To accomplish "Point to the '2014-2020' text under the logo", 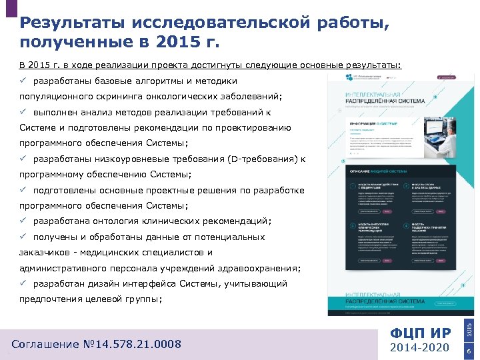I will pyautogui.click(x=420, y=348).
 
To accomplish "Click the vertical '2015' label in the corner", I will pyautogui.click(x=469, y=329).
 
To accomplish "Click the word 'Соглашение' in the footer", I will pyautogui.click(x=48, y=344).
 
